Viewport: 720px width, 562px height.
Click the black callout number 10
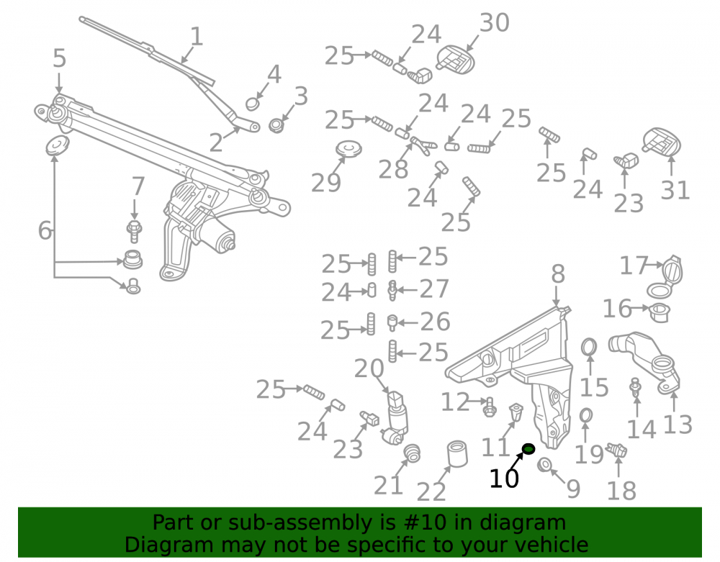click(x=504, y=479)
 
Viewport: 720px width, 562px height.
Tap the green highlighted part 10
click(x=528, y=448)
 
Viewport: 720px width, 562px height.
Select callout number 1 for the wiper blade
click(x=197, y=36)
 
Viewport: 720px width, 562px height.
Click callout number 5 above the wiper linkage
click(x=59, y=58)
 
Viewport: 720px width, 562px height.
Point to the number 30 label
click(x=495, y=22)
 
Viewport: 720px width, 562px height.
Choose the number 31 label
click(x=675, y=191)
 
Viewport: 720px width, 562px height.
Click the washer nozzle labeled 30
click(x=454, y=59)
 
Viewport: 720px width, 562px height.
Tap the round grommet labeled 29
click(x=348, y=149)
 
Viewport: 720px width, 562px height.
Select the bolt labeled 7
click(x=134, y=232)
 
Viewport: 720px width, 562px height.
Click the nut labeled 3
click(x=276, y=124)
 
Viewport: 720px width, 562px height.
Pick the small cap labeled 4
click(x=252, y=104)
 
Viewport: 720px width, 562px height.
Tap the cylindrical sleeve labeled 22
click(x=457, y=454)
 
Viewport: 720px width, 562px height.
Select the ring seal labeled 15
click(x=589, y=348)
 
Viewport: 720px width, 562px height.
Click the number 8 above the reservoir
click(x=558, y=274)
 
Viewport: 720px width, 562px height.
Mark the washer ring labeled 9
click(x=544, y=464)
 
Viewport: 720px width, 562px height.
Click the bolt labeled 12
click(x=490, y=407)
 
